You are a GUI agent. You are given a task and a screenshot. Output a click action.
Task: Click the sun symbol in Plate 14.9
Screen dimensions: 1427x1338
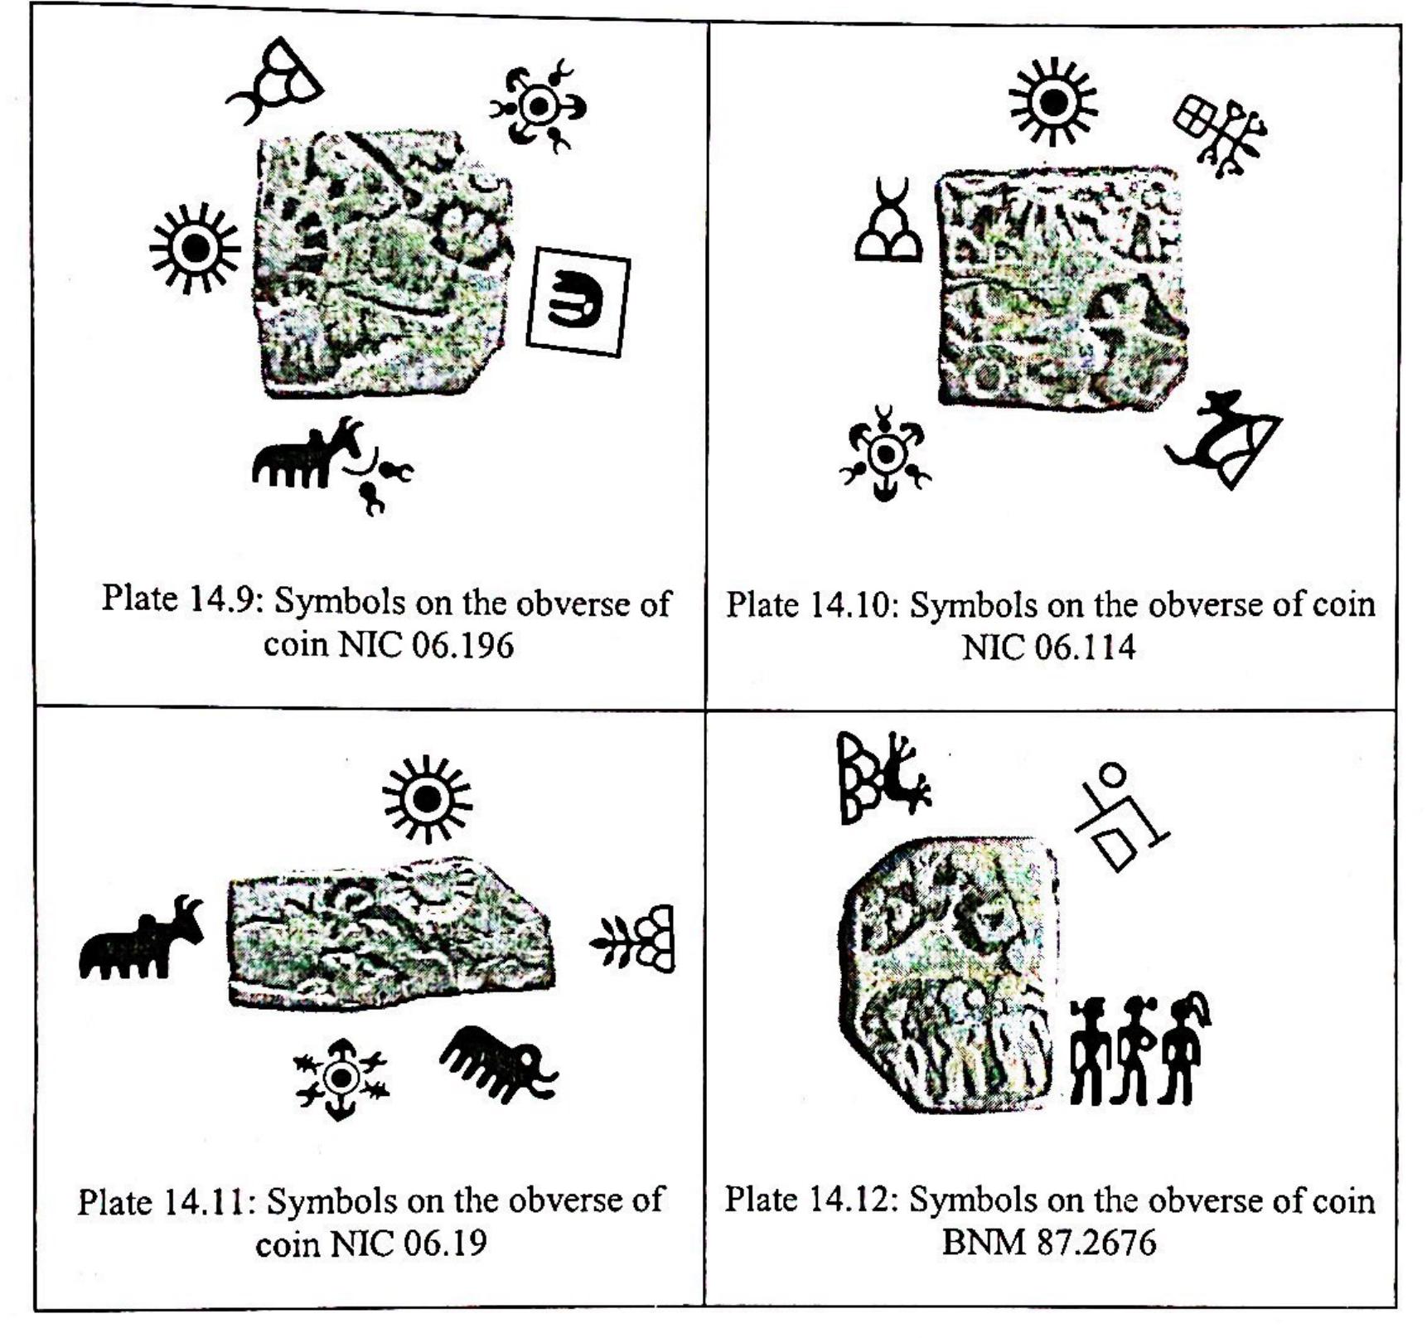click(196, 248)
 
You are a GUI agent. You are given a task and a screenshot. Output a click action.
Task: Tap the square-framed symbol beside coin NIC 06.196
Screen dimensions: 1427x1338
click(578, 302)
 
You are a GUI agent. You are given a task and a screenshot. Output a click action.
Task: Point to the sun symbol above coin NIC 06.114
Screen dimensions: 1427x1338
click(1053, 102)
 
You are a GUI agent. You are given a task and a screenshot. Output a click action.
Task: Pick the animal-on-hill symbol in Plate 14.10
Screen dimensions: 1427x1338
click(1224, 439)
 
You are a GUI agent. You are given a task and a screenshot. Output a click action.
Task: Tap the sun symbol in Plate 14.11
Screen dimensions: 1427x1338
click(428, 799)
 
